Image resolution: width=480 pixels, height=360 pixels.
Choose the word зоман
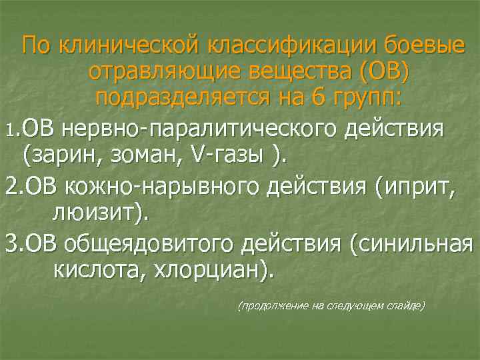[x=137, y=155]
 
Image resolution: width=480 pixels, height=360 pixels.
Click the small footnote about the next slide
[x=331, y=305]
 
